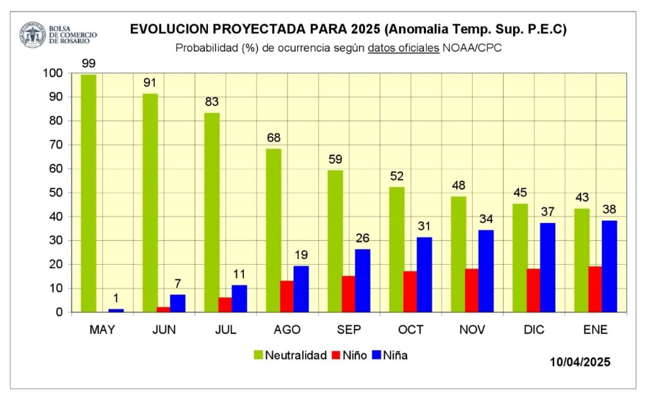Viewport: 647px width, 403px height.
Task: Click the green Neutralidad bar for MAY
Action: pyautogui.click(x=88, y=193)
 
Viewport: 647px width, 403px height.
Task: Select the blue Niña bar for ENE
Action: pyautogui.click(x=609, y=266)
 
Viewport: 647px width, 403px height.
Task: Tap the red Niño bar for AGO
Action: pyautogui.click(x=287, y=296)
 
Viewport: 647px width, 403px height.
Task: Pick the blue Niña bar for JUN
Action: pyautogui.click(x=178, y=303)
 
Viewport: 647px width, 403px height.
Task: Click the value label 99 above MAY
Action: pyautogui.click(x=88, y=63)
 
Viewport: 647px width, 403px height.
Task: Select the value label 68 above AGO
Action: pyautogui.click(x=274, y=138)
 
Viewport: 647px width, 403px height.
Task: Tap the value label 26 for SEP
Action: pyautogui.click(x=364, y=238)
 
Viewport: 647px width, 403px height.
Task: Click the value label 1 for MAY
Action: pyautogui.click(x=116, y=298)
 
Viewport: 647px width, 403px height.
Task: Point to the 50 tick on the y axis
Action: pyautogui.click(x=56, y=193)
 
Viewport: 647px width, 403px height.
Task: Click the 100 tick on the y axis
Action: pyautogui.click(x=53, y=73)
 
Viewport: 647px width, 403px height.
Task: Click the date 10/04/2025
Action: pyautogui.click(x=580, y=362)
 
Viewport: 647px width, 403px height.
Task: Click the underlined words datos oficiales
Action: pyautogui.click(x=403, y=48)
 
